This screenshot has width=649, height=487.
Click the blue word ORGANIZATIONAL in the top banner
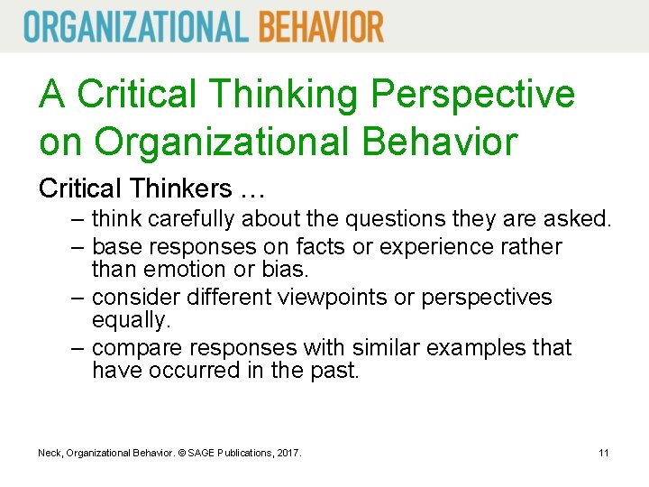pos(135,26)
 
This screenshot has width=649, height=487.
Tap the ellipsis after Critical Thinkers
pos(252,191)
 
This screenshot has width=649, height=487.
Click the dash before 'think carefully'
pos(79,218)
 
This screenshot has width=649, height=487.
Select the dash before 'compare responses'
pos(79,348)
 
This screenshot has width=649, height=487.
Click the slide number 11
pos(604,452)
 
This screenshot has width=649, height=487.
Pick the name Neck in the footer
pos(50,452)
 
